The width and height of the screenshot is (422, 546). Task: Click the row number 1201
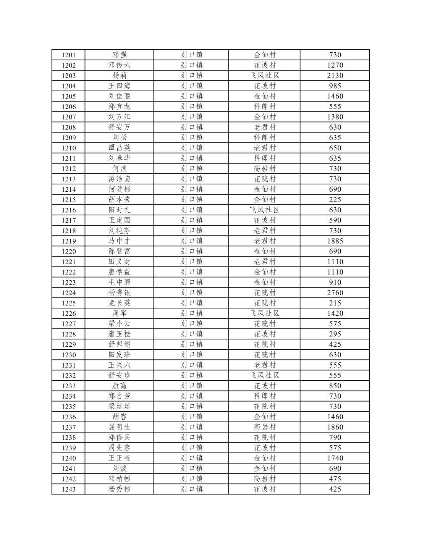coord(69,55)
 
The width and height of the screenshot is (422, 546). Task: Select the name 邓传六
coord(120,65)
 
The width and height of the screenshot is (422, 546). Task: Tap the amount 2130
coord(335,76)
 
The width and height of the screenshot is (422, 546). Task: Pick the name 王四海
coord(120,86)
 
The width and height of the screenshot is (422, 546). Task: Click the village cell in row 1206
coord(264,107)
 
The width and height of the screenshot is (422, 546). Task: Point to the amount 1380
coord(335,117)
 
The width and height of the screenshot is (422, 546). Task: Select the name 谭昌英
coord(120,148)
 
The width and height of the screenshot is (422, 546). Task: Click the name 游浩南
coord(120,179)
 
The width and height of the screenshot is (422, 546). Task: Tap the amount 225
coord(335,200)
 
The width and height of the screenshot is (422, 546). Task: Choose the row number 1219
coord(69,241)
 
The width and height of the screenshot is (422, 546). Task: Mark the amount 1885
coord(335,241)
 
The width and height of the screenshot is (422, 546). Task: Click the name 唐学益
coord(120,272)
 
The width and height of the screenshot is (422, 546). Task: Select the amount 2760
coord(335,292)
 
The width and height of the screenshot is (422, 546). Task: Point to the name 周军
coord(120,313)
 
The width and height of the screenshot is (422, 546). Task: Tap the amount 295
coord(335,334)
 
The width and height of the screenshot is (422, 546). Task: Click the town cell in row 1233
coord(191,386)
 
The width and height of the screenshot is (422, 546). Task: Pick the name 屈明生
coord(120,427)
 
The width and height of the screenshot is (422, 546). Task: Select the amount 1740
coord(335,458)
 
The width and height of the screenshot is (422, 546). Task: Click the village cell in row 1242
coord(264,479)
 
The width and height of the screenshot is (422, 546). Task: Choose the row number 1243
coord(69,489)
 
